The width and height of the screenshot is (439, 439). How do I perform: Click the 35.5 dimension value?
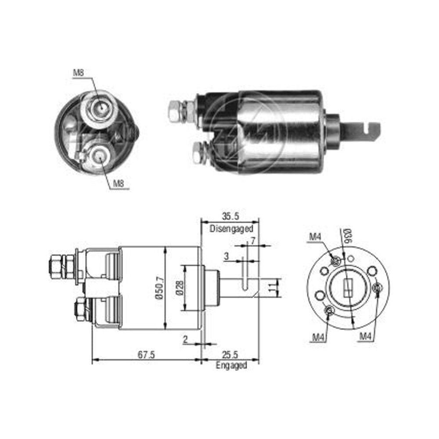pyautogui.click(x=230, y=216)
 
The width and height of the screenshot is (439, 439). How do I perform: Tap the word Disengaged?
pyautogui.click(x=231, y=228)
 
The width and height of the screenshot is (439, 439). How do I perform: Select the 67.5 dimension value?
pyautogui.click(x=146, y=355)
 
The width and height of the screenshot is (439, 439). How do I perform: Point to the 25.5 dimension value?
pyautogui.click(x=230, y=355)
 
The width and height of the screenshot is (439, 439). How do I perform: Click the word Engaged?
pyautogui.click(x=231, y=365)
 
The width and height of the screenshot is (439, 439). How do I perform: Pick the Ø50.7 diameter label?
pyautogui.click(x=160, y=288)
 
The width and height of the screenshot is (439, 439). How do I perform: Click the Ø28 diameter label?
pyautogui.click(x=180, y=288)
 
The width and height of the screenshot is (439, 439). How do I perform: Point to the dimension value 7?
pyautogui.click(x=253, y=241)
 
